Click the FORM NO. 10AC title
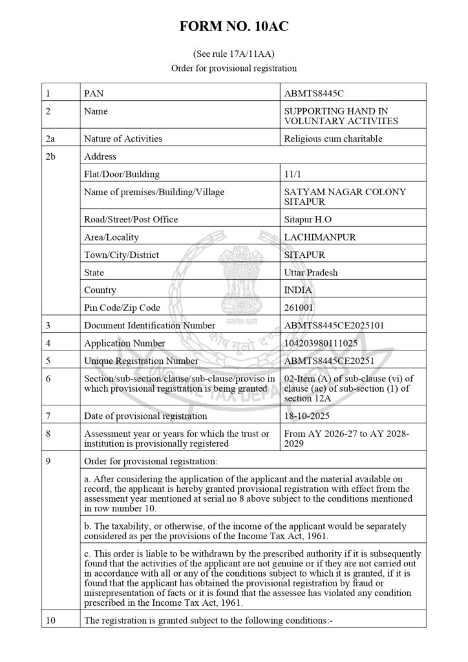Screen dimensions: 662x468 point(234,27)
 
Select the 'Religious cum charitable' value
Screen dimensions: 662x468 point(334,138)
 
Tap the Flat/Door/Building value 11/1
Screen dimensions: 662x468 point(293,175)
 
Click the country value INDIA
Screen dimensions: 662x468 point(299,290)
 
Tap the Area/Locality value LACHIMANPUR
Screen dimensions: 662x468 point(320,237)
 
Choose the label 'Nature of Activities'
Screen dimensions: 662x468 point(123,138)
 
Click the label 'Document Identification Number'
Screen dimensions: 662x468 point(150,325)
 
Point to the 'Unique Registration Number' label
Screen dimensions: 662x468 point(141,361)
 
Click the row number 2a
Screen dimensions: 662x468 point(51,138)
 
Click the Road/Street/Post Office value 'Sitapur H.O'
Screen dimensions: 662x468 point(308,219)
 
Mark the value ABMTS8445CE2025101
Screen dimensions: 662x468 point(334,325)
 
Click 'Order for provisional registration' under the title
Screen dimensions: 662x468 point(233,67)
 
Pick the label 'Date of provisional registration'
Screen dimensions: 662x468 point(145,416)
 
